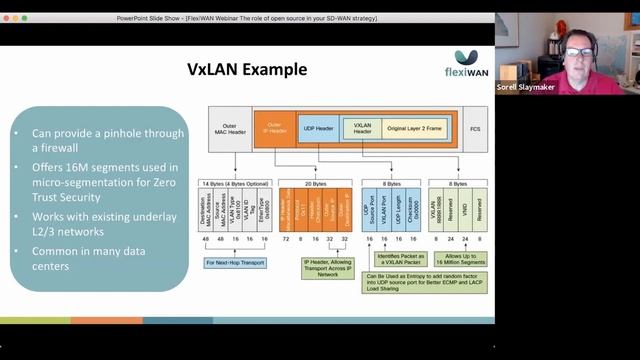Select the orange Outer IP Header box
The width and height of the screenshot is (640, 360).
click(x=274, y=129)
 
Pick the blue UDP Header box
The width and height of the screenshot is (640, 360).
click(x=319, y=129)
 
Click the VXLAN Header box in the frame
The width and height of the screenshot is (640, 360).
click(x=362, y=129)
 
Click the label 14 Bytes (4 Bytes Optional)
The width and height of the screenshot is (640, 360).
click(x=235, y=184)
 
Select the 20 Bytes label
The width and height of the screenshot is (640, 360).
click(x=314, y=184)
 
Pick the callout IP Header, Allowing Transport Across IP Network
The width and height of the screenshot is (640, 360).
click(x=327, y=267)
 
